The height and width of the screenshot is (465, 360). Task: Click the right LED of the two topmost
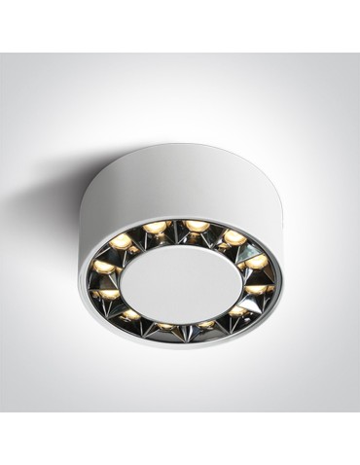(198, 226)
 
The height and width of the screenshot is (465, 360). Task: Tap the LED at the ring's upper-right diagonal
(233, 236)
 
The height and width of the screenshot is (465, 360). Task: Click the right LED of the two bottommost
(205, 324)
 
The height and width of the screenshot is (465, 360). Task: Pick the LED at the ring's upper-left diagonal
(123, 241)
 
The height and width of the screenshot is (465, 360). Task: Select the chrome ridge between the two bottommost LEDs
(186, 328)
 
